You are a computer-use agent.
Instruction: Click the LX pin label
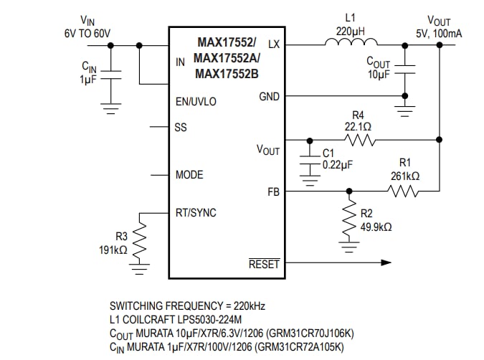pyautogui.click(x=273, y=44)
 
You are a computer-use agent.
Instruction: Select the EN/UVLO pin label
pyautogui.click(x=195, y=102)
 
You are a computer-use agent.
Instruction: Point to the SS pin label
pyautogui.click(x=181, y=127)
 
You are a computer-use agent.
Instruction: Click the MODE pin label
pyautogui.click(x=189, y=175)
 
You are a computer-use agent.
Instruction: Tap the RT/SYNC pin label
pyautogui.click(x=196, y=213)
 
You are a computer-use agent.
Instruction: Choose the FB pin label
pyautogui.click(x=273, y=192)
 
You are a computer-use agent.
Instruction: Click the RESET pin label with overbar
pyautogui.click(x=264, y=264)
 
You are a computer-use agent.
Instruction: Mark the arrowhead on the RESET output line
pyautogui.click(x=389, y=262)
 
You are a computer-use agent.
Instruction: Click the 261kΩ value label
pyautogui.click(x=404, y=176)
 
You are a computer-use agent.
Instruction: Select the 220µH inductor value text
pyautogui.click(x=350, y=32)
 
